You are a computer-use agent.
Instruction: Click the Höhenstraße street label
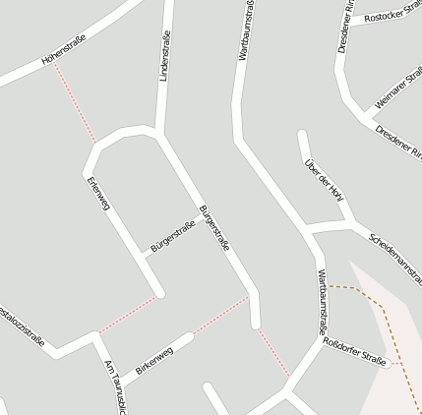point(64,49)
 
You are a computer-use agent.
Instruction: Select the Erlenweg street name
point(98,194)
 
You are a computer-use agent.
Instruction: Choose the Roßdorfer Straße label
point(354,352)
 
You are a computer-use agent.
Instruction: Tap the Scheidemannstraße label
point(393,253)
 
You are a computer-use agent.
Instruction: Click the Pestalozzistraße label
point(22,326)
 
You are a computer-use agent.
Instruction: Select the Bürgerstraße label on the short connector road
point(173,234)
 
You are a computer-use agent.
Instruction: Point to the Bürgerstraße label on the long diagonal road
point(213,228)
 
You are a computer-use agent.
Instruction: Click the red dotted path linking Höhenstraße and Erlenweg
point(75,103)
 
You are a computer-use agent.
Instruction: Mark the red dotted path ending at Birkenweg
point(220,315)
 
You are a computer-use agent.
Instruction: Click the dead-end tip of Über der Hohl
point(303,135)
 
